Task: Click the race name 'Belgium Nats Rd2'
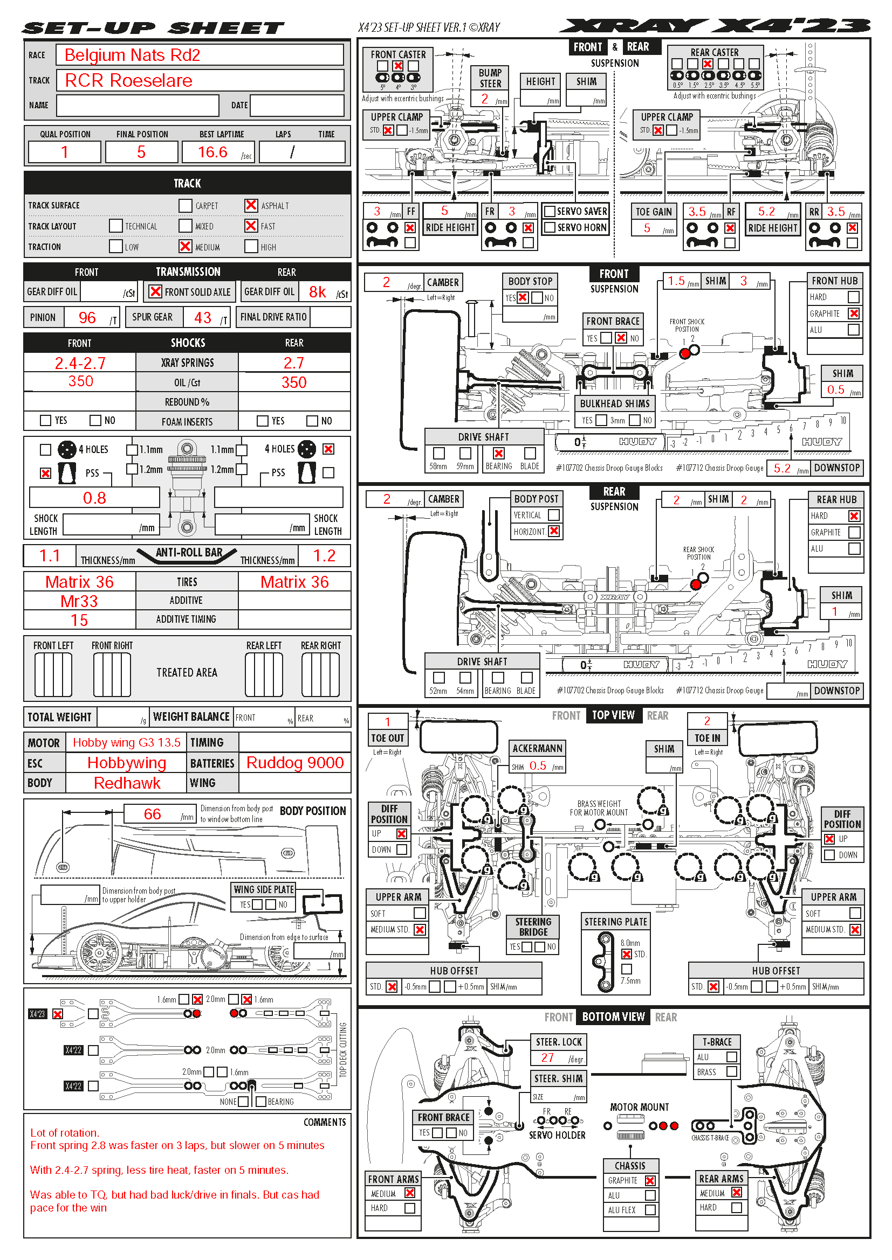(x=132, y=55)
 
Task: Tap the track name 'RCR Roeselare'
(x=128, y=81)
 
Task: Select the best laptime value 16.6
(x=212, y=152)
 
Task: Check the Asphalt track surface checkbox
(x=251, y=205)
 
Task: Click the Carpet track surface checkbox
(x=185, y=206)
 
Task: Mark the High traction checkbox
(x=251, y=246)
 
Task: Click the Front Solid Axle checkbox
(x=155, y=291)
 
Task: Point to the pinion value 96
(x=87, y=317)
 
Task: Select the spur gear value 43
(x=203, y=317)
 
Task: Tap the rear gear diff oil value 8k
(x=317, y=292)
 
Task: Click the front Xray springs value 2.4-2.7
(x=80, y=363)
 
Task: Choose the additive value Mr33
(x=79, y=601)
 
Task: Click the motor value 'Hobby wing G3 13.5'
(x=126, y=742)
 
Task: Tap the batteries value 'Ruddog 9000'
(x=295, y=762)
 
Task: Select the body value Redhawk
(x=127, y=783)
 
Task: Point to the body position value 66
(x=152, y=814)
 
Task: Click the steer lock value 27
(x=547, y=1057)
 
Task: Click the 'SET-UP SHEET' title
(x=154, y=27)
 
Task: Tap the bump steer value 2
(x=484, y=99)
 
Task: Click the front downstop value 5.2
(x=782, y=468)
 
